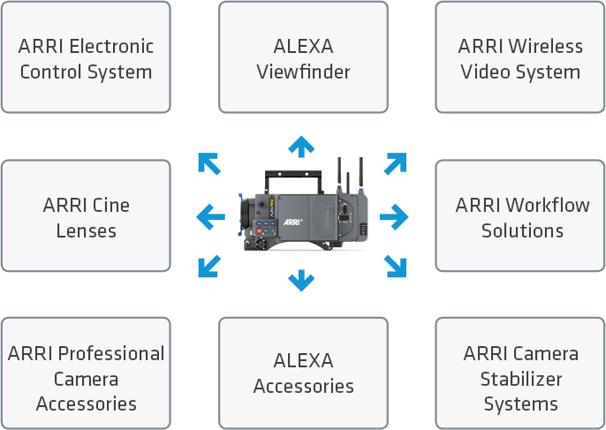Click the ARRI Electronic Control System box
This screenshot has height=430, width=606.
coord(86,57)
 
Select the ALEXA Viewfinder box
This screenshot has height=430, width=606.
coord(303,57)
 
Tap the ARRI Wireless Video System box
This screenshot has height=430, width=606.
coord(520,57)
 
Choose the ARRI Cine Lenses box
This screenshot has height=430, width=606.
coord(86,216)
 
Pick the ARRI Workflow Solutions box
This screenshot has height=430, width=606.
coord(520,216)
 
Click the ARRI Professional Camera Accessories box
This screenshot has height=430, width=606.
coord(86,377)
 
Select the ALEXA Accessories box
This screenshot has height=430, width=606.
coord(303,373)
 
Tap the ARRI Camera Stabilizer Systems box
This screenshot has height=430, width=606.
coord(520,377)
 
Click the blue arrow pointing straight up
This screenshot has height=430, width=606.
coord(302,146)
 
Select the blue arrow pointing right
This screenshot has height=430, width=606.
coord(394,215)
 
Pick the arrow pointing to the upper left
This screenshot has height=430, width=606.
coord(208,163)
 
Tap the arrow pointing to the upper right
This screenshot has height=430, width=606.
coord(394,163)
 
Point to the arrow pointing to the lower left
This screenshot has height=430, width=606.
coord(208,264)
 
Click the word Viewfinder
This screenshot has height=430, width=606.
coord(303,72)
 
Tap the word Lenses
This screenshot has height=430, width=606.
coord(86,230)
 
